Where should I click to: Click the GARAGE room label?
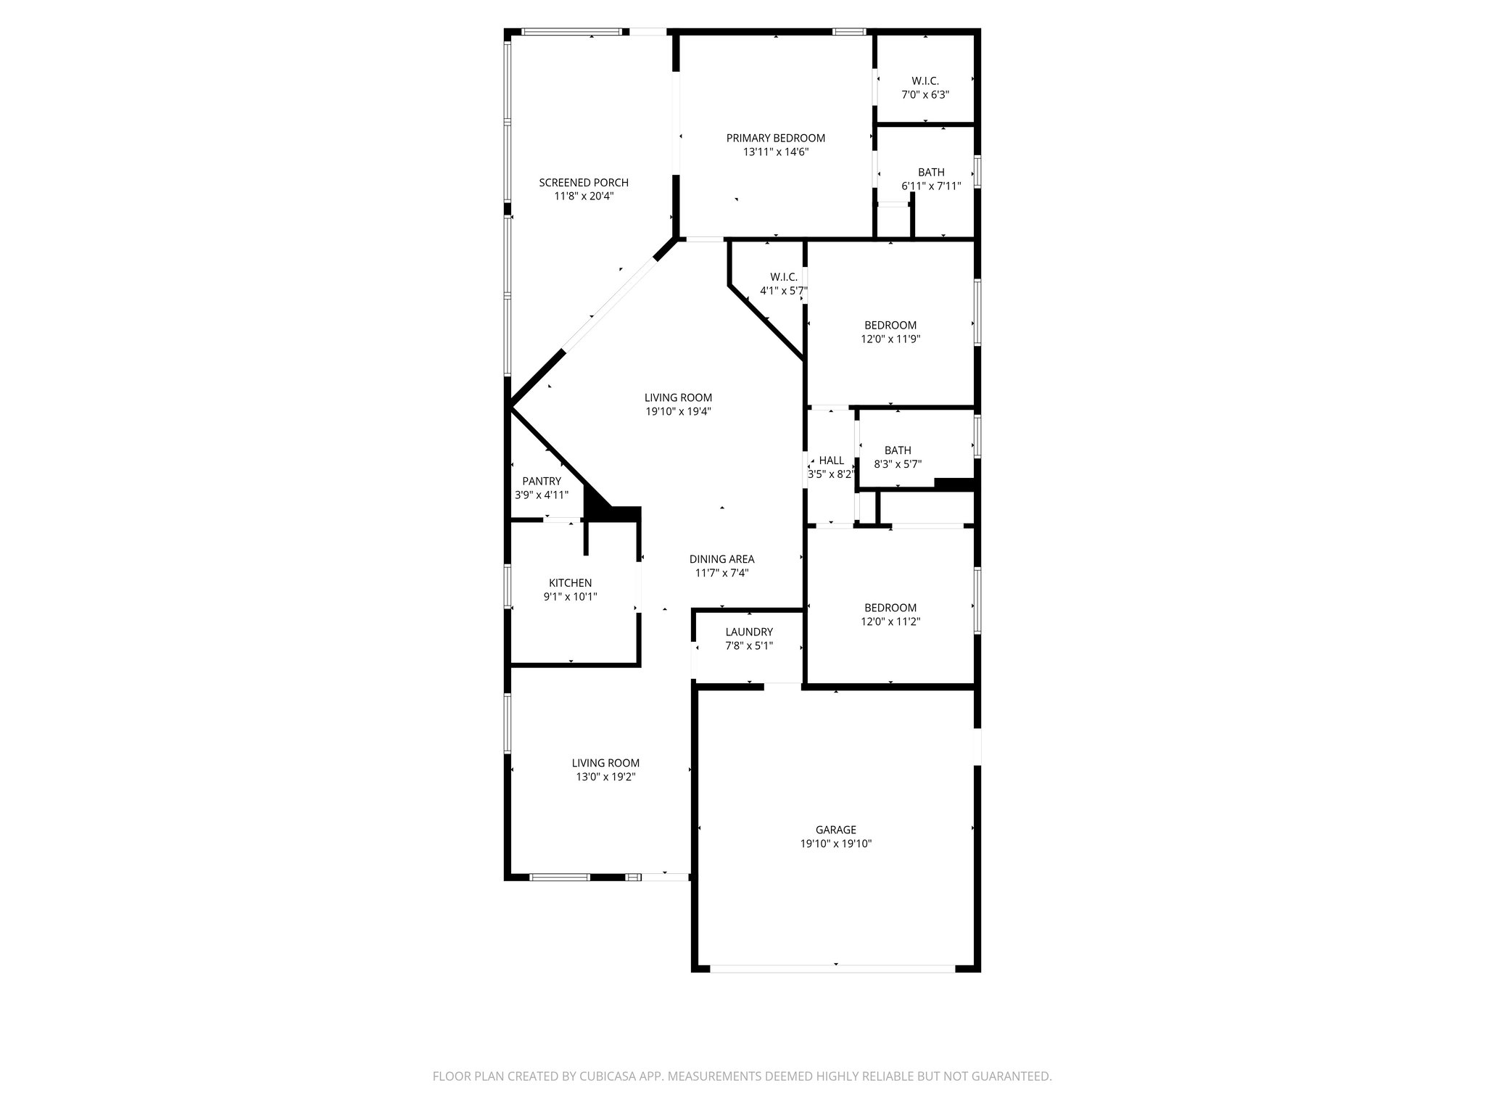click(835, 830)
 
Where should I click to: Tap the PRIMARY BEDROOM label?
click(775, 138)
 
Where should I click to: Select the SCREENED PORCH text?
click(583, 183)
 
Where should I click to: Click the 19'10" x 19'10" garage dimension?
click(835, 843)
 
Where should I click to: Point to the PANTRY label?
click(542, 481)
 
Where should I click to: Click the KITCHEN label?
click(570, 583)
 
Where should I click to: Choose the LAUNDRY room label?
click(749, 632)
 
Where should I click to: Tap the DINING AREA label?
click(721, 559)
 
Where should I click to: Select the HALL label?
click(832, 461)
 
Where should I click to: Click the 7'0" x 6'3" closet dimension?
click(925, 94)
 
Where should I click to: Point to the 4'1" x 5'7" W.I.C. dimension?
click(783, 291)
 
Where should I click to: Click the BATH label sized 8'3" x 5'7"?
click(898, 450)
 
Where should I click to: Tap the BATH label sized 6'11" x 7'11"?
click(931, 172)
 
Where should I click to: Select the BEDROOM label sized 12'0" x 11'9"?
click(890, 325)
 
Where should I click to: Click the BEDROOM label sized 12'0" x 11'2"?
click(890, 608)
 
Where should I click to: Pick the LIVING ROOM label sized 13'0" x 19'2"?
click(605, 763)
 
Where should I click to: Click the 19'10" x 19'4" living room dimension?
click(678, 411)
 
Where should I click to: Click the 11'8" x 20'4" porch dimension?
click(583, 196)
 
